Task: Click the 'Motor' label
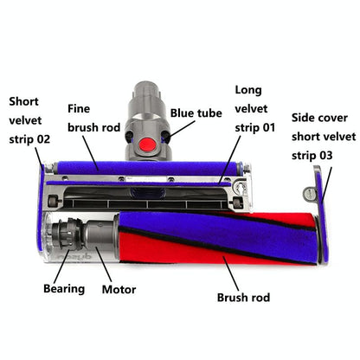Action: click(x=119, y=288)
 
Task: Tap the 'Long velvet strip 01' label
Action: click(x=257, y=110)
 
